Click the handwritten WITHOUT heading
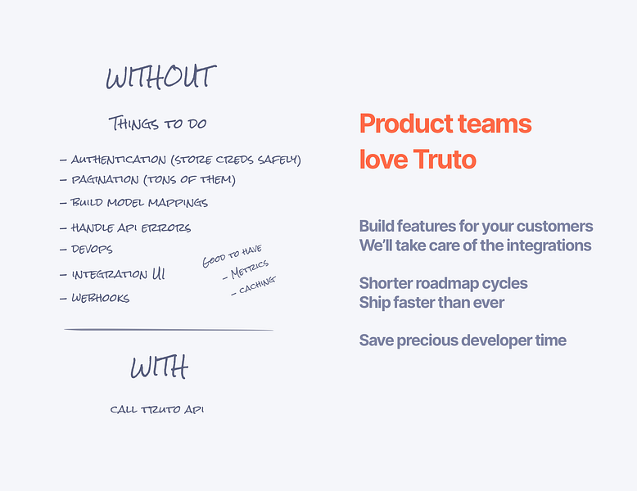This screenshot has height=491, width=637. pos(160,78)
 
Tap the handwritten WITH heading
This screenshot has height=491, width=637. pos(159,368)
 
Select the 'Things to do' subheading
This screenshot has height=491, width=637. pos(157,124)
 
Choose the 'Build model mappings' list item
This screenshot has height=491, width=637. pos(138,202)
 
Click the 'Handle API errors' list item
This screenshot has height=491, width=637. pos(130,227)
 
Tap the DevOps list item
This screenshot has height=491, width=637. pos(92,249)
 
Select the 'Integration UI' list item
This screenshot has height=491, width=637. pos(118,275)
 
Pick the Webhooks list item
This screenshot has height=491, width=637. pos(100,299)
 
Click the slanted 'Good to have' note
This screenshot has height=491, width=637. pos(232,256)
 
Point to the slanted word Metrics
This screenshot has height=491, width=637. pos(249,271)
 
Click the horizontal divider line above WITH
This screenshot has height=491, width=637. pos(168,330)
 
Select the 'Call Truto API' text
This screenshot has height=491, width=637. pos(156,409)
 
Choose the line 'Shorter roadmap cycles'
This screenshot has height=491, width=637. pos(443,283)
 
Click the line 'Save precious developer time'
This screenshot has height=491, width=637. pos(463,340)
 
